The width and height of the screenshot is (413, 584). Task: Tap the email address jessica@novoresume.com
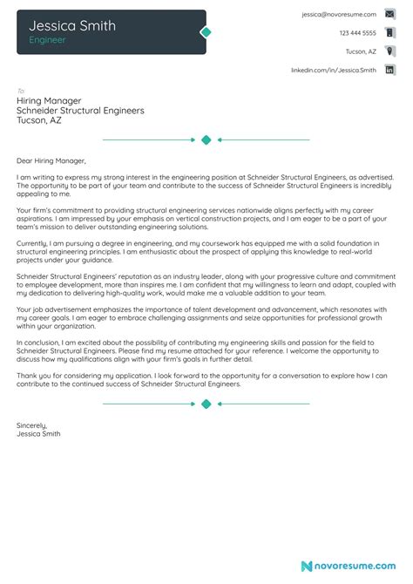click(339, 15)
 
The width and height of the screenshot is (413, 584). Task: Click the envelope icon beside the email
click(389, 15)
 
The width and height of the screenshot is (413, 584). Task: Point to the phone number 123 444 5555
click(357, 33)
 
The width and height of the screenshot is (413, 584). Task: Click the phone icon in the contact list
click(389, 33)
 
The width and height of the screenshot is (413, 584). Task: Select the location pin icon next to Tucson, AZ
click(389, 51)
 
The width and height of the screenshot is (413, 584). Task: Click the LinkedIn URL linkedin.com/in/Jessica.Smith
click(334, 70)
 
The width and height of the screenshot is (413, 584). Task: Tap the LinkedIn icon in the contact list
click(389, 70)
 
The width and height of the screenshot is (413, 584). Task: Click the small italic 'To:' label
click(21, 90)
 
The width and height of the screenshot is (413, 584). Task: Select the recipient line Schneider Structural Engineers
click(80, 111)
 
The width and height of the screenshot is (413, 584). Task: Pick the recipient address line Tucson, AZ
click(39, 121)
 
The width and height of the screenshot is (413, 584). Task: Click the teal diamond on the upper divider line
click(206, 139)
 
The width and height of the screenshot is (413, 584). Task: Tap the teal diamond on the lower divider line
click(206, 404)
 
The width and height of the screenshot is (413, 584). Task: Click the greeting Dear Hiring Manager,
click(51, 160)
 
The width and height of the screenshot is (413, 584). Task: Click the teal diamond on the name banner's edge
click(206, 32)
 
